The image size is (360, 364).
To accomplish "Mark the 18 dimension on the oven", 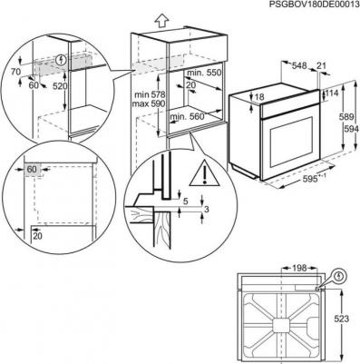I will pyautogui.click(x=259, y=96).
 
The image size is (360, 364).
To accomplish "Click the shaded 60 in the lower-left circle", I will pyautogui.click(x=31, y=169).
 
